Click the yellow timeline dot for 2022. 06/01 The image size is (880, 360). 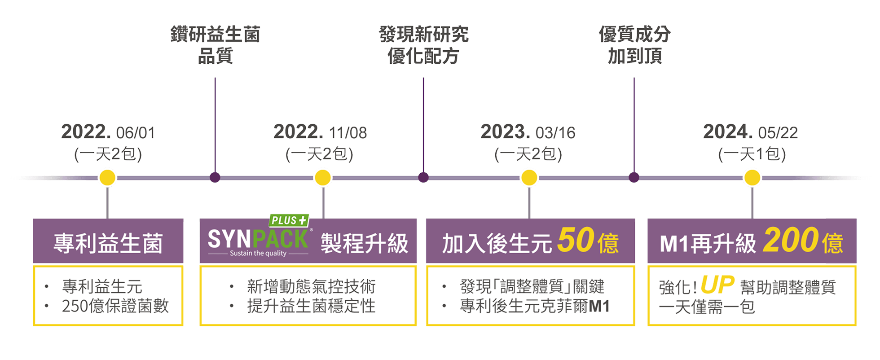point(107,178)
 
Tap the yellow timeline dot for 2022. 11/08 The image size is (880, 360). point(323,178)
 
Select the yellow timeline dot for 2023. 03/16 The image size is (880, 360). point(529,178)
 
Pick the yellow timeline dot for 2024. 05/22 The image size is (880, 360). point(752,178)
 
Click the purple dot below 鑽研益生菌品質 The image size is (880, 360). point(215,178)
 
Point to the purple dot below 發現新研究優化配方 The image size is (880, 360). point(423,178)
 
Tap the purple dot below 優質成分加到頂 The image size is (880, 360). point(634,178)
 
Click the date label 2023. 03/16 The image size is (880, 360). point(528,132)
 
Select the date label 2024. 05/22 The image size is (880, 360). point(750,132)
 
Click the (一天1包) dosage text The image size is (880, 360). point(752,154)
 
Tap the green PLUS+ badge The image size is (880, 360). point(290,220)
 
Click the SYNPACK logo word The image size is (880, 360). point(258,239)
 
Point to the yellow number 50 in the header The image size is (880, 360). point(576,240)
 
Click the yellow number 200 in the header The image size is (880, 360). point(790,240)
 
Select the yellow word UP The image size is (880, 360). point(717,285)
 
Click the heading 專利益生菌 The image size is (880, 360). point(108,243)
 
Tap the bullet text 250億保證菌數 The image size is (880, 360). point(115,306)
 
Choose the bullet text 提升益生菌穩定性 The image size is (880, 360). point(311,306)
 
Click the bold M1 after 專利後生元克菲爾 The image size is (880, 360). point(599,306)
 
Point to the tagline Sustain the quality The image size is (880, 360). point(258,253)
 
